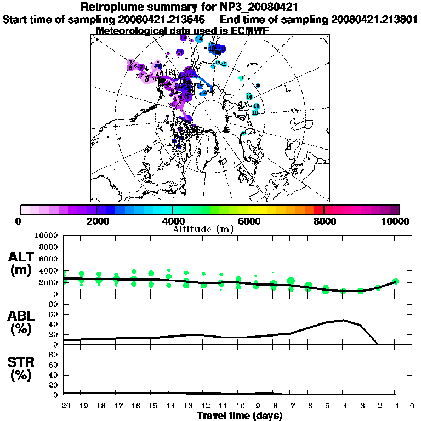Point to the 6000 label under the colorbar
click(x=248, y=221)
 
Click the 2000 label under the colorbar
click(x=96, y=221)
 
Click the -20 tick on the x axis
click(x=64, y=406)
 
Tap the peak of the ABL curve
click(x=343, y=320)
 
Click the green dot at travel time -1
click(x=395, y=281)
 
